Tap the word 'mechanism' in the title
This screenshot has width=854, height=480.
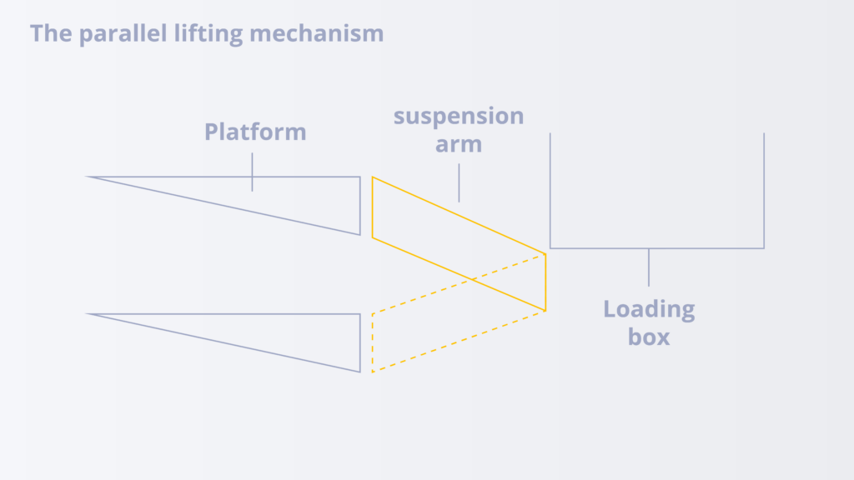coord(316,33)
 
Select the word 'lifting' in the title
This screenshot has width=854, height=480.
coord(208,33)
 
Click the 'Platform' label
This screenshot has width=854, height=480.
coord(255,132)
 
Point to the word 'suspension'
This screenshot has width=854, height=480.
coord(459,117)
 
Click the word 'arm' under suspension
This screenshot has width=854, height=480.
coord(459,145)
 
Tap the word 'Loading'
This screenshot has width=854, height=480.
coord(649,310)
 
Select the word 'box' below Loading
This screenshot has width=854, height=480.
coord(649,337)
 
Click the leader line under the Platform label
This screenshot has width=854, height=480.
coord(252,172)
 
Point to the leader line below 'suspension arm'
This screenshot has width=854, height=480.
coord(459,182)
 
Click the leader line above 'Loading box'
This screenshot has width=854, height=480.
coord(649,267)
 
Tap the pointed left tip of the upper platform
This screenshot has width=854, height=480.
coord(86,177)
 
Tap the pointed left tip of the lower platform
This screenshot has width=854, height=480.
coord(86,313)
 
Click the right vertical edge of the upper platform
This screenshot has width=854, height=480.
coord(360,206)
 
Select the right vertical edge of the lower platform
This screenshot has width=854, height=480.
coord(360,342)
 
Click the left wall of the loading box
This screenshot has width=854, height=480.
coord(550,191)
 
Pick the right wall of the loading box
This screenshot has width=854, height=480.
coord(764,191)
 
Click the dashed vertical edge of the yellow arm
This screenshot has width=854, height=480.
coord(373,342)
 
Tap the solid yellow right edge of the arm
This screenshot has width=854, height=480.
coord(545,282)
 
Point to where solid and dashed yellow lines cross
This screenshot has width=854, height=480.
coord(473,280)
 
